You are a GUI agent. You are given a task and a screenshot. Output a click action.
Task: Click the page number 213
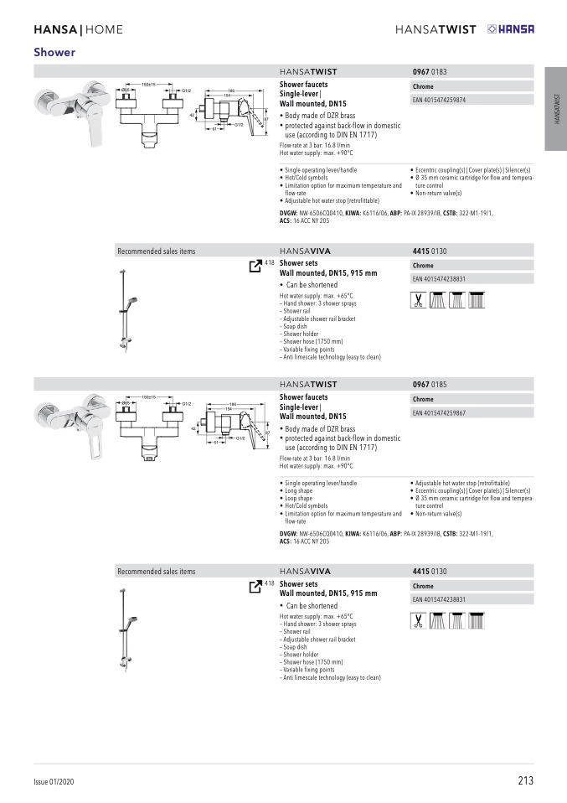click(525, 781)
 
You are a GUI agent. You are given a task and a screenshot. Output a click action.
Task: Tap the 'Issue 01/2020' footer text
click(54, 782)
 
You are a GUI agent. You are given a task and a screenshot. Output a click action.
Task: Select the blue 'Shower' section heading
click(54, 52)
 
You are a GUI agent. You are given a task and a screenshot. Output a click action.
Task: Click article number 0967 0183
click(430, 72)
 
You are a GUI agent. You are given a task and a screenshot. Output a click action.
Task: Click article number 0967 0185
click(430, 384)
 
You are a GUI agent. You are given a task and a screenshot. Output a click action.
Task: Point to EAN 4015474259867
click(440, 413)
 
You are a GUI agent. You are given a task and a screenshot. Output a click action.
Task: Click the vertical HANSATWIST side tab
click(555, 109)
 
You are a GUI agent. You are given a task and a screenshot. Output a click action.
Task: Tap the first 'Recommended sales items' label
click(156, 251)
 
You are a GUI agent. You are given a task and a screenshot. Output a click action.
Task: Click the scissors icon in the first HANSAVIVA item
click(418, 300)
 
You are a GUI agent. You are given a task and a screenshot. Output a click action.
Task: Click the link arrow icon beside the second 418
click(255, 584)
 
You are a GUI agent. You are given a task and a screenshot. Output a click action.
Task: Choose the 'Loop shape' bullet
click(298, 499)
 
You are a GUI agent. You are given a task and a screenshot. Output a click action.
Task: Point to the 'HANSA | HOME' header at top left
click(78, 30)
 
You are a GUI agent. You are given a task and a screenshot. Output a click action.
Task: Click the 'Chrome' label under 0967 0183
click(423, 87)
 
